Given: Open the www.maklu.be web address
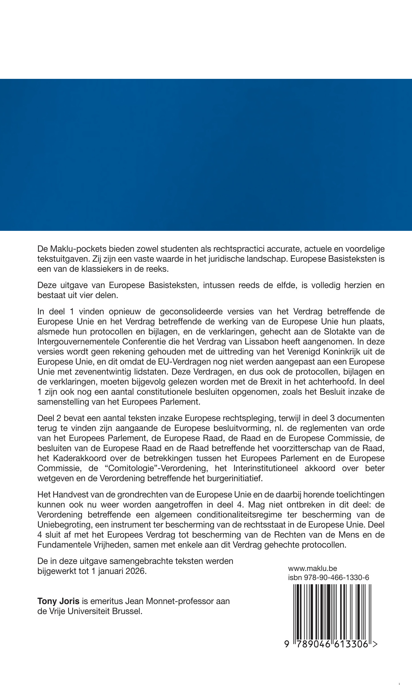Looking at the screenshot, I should pos(312,569).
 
